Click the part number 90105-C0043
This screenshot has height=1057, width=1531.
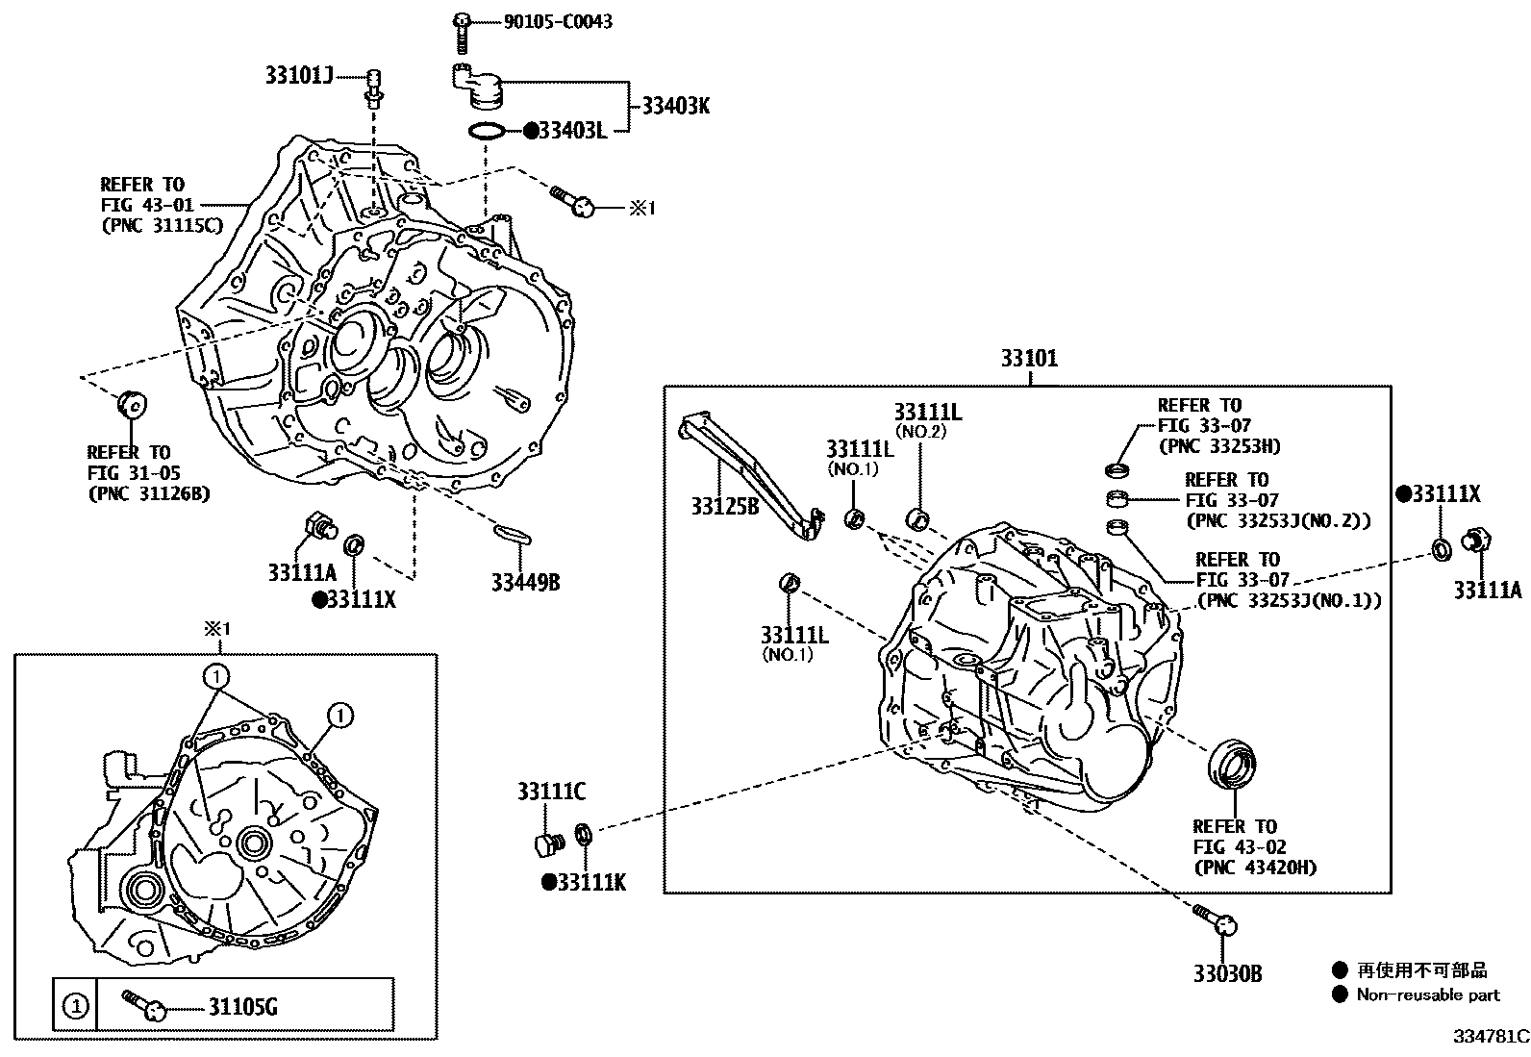tap(558, 21)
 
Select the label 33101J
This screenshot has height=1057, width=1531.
tap(299, 75)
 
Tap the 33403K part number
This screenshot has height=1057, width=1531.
tap(675, 106)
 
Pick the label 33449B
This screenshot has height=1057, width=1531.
tap(525, 582)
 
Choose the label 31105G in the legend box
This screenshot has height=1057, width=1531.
tap(242, 1007)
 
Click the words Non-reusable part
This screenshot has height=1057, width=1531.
tap(1427, 995)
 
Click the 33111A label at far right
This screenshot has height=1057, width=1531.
tap(1487, 591)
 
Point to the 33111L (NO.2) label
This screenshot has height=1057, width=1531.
tap(927, 413)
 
